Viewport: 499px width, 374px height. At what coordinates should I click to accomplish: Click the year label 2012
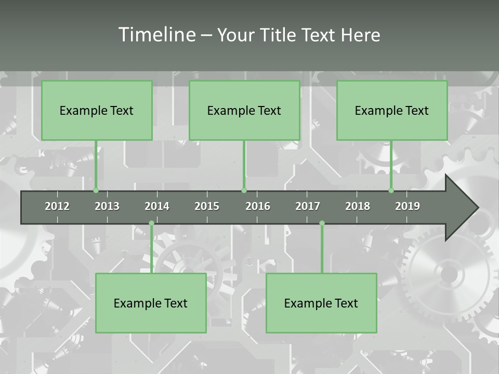(x=57, y=206)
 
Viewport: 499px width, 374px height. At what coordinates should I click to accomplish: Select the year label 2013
(x=107, y=206)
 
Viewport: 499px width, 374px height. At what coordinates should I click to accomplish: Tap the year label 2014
(x=157, y=206)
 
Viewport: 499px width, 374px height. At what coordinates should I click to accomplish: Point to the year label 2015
(x=207, y=206)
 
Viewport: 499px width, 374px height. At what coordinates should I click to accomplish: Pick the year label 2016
(x=258, y=206)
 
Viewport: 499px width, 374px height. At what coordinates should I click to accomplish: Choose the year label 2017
(x=308, y=206)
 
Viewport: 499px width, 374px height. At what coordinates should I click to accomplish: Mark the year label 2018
(x=358, y=206)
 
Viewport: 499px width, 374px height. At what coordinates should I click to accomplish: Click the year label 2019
(x=408, y=206)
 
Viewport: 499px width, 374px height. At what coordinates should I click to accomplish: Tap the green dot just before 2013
(x=96, y=190)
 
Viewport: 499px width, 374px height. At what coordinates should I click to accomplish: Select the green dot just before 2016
(x=244, y=190)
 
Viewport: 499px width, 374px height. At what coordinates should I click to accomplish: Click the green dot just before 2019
(x=391, y=190)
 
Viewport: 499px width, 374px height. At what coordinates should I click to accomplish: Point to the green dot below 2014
(x=151, y=223)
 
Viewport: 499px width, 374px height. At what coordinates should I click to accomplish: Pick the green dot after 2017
(x=322, y=223)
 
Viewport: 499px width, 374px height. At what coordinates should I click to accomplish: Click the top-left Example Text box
(x=97, y=111)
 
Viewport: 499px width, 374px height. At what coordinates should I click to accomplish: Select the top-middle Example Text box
(x=244, y=111)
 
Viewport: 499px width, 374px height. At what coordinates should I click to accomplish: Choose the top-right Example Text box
(x=392, y=111)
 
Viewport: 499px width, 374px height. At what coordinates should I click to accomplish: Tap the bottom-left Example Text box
(x=151, y=303)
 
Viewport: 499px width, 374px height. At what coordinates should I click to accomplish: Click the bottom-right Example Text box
(x=321, y=303)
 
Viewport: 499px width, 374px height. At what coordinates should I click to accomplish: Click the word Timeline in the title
(x=156, y=35)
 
